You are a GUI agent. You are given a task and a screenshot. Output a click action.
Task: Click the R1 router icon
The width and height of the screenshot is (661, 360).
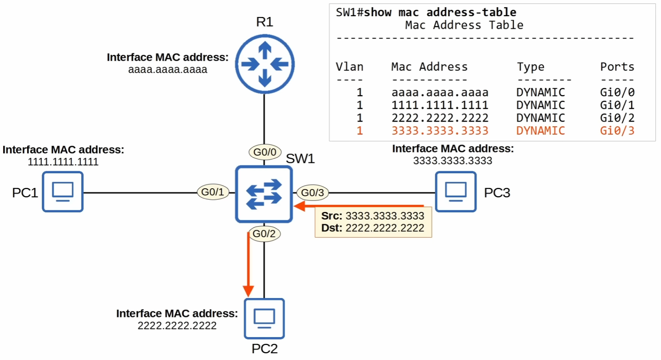pos(264,64)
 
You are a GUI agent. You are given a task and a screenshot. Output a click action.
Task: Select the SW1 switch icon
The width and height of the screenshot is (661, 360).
pos(264,194)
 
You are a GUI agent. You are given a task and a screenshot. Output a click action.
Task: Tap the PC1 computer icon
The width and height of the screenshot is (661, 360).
pos(63,192)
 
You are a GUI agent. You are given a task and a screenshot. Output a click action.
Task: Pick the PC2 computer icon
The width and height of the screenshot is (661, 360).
pos(264,319)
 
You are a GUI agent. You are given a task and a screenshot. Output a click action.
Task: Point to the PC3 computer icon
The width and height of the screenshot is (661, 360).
pos(456,192)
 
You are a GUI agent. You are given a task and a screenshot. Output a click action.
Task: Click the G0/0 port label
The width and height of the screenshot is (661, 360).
pos(265,152)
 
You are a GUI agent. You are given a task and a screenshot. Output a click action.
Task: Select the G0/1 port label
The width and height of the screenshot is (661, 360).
pos(213,192)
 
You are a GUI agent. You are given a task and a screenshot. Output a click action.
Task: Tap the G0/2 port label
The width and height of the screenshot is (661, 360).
pos(264,234)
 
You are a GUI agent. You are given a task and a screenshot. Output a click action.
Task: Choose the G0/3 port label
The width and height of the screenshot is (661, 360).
pos(313,193)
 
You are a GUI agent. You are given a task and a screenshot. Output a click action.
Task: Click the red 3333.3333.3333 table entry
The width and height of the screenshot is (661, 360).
pos(440,131)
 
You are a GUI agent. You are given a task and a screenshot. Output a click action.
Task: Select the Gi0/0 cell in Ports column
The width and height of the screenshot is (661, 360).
pos(617,92)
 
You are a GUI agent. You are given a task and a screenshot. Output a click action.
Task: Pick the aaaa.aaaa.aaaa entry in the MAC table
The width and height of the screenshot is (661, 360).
pos(440,92)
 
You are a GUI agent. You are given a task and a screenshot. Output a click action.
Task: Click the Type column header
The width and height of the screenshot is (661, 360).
pos(531,67)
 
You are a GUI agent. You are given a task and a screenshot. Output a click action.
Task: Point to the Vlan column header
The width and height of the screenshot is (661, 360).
pos(349,67)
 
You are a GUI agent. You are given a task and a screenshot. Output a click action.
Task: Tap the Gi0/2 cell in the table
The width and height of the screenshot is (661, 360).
pos(617,118)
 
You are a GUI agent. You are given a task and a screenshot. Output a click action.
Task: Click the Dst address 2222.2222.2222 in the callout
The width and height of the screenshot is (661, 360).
pos(385,228)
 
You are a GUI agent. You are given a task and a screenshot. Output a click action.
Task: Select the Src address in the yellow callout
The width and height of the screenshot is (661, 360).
pos(385,216)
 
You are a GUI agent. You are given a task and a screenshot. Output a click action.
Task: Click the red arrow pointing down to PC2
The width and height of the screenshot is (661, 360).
pos(248,264)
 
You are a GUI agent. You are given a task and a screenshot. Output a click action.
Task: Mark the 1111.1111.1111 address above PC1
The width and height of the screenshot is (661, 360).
pos(63,162)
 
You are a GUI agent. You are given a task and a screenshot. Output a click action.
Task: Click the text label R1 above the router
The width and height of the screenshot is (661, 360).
pos(264,22)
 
